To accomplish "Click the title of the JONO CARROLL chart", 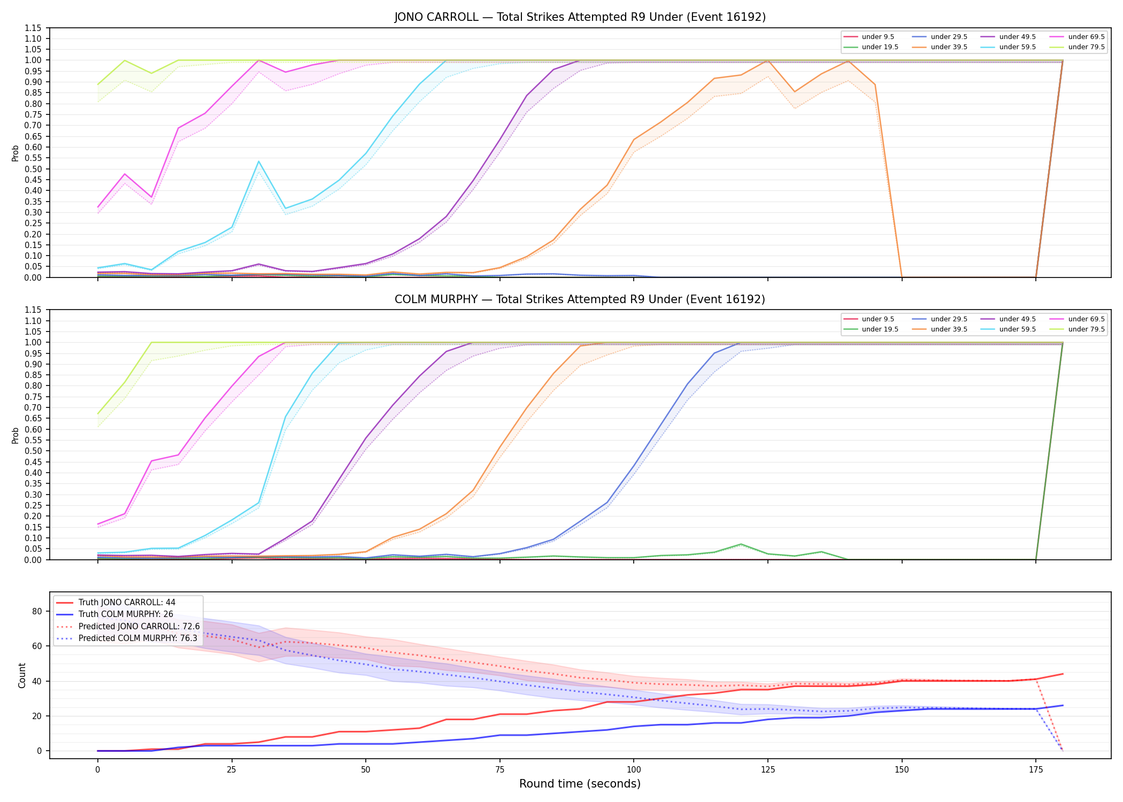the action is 580,17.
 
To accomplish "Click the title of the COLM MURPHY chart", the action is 580,299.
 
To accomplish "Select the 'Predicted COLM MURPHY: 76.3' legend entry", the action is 127,638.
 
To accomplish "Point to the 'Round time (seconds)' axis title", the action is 580,784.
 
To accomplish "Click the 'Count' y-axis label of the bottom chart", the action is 22,675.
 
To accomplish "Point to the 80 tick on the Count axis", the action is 37,612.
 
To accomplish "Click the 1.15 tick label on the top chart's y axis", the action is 34,28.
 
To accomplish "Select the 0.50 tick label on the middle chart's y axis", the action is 34,451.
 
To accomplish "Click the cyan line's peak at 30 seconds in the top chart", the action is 259,161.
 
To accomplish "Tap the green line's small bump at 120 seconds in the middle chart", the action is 741,544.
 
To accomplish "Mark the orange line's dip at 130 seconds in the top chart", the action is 795,92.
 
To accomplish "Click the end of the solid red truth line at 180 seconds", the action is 1063,674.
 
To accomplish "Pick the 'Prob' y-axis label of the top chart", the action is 16,153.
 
